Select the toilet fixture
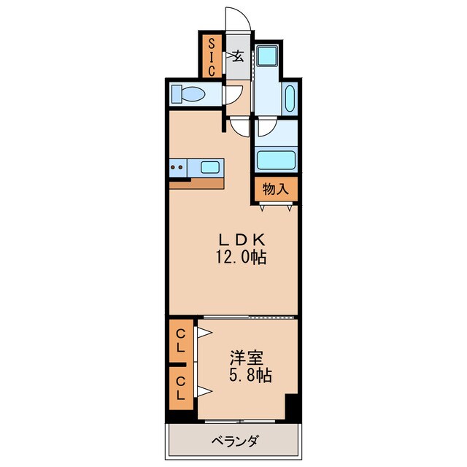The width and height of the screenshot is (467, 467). point(189,95)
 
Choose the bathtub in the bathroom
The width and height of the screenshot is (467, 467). point(275,160)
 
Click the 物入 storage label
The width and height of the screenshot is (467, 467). point(276,189)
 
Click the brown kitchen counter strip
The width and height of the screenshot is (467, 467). point(197,183)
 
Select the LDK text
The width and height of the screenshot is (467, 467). point(234,239)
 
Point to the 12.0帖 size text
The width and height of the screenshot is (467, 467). point(234,257)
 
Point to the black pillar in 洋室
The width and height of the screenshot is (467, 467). point(293,406)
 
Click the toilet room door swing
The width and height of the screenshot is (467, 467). point(233,95)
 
